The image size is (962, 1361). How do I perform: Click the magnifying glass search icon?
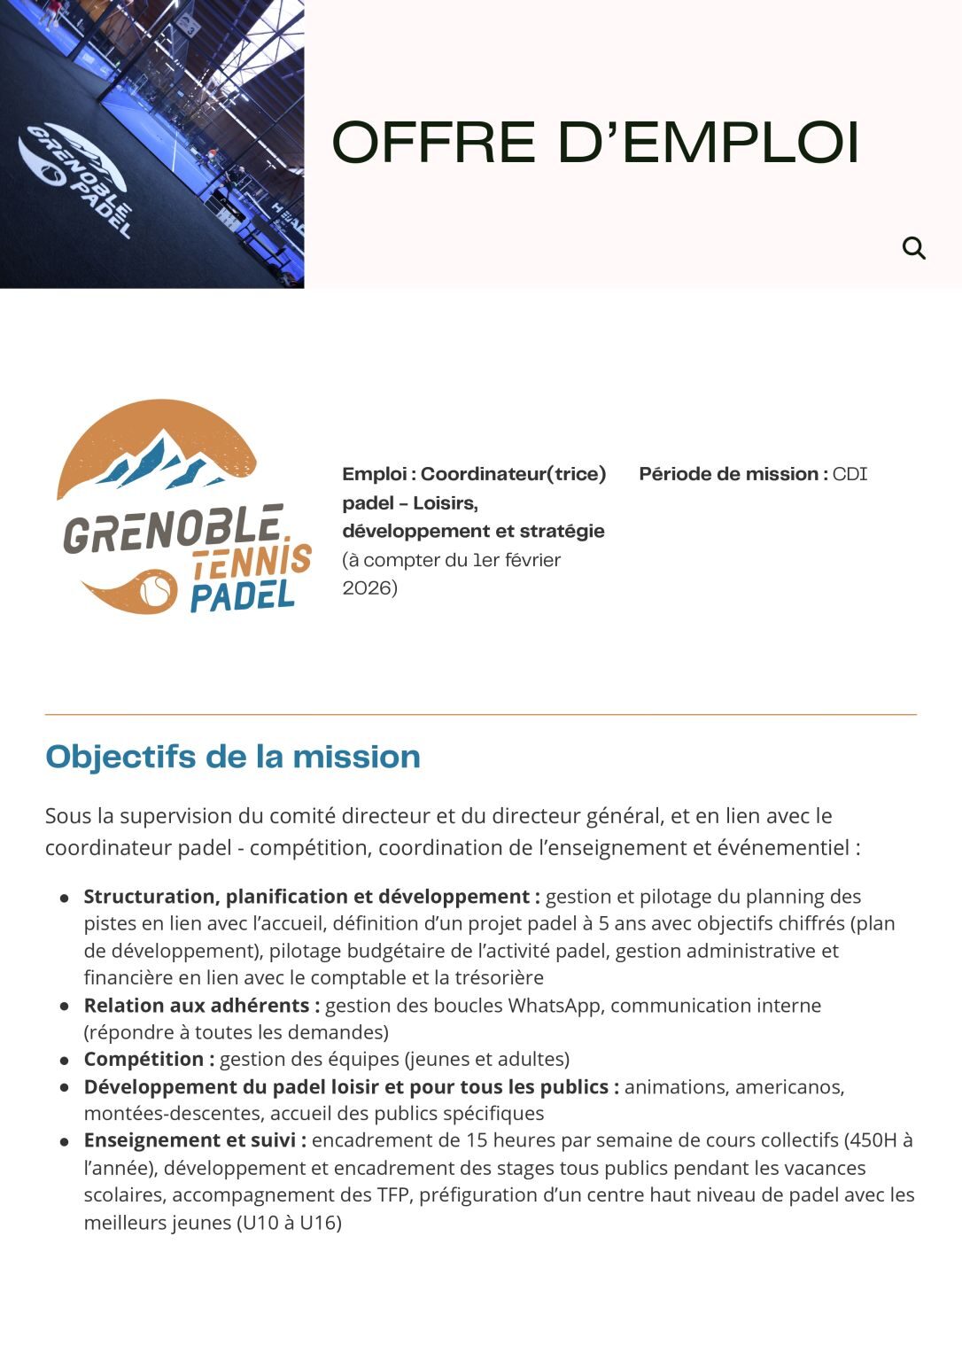pyautogui.click(x=913, y=248)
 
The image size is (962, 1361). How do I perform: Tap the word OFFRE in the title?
pyautogui.click(x=434, y=143)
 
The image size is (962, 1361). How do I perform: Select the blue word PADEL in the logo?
pyautogui.click(x=242, y=595)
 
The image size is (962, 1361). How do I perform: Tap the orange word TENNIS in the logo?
pyautogui.click(x=252, y=562)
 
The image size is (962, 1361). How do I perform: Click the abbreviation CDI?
pyautogui.click(x=850, y=474)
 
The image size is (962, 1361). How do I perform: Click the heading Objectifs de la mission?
pyautogui.click(x=233, y=757)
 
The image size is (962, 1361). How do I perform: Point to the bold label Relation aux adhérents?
pyautogui.click(x=201, y=1005)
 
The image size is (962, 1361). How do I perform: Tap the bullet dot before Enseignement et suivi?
pyautogui.click(x=65, y=1141)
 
